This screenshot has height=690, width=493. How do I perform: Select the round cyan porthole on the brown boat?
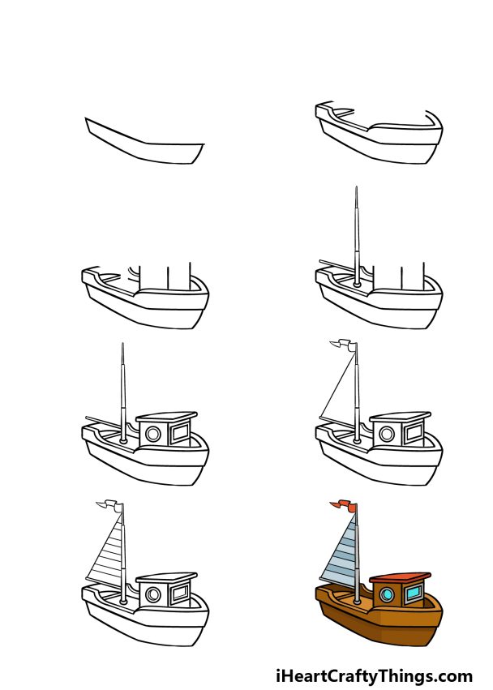pos(387,596)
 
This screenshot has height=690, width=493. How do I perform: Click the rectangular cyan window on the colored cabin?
pos(414,596)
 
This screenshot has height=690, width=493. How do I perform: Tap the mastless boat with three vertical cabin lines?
pos(146,296)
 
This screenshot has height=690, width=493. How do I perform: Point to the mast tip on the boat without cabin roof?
pos(356,191)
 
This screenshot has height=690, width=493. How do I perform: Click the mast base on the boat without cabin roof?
pos(356,284)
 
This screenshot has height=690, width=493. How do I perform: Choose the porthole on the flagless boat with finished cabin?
pos(152,434)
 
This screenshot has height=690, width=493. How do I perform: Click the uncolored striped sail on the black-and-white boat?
pos(108,551)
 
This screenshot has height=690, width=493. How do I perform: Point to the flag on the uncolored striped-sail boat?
pos(109,508)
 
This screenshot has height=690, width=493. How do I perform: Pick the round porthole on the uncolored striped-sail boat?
pos(152,596)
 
